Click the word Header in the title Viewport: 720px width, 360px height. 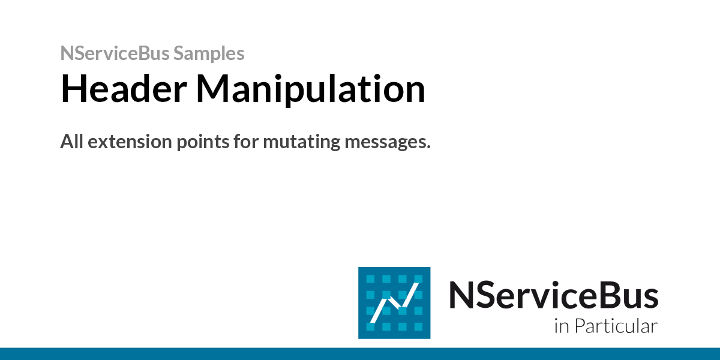[124, 88]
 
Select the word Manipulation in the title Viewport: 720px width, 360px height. [311, 89]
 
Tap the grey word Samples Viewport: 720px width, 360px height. [209, 54]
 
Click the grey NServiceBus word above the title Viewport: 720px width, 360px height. [115, 53]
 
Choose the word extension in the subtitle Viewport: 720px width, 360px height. [130, 142]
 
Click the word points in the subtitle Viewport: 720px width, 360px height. [203, 142]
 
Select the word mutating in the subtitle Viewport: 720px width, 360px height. [301, 142]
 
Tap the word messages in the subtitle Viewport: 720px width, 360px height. [385, 143]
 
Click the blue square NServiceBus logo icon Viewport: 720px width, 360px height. [394, 303]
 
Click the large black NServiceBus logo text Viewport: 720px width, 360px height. [553, 295]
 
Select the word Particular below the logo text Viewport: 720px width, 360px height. [616, 326]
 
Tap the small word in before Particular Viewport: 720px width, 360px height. [562, 326]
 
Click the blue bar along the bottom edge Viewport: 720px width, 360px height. [360, 354]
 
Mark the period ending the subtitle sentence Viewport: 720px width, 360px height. [428, 148]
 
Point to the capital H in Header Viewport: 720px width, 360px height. [72, 88]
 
